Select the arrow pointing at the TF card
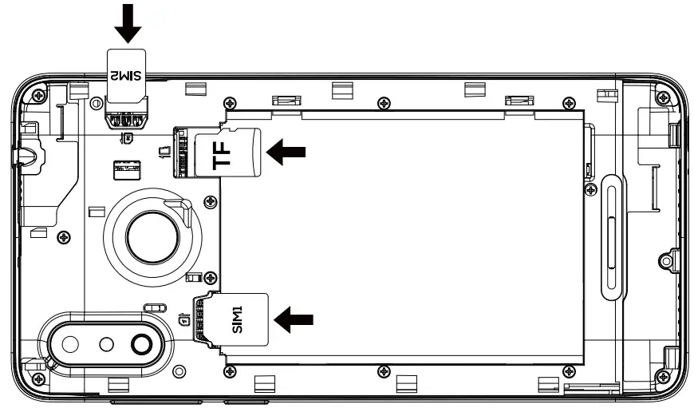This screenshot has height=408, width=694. (286, 152)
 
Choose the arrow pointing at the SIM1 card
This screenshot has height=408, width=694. (293, 319)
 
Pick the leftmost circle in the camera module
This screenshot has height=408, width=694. (69, 345)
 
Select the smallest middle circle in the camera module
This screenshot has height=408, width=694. (106, 345)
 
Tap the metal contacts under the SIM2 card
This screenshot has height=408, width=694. (125, 120)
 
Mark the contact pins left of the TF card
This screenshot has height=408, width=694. (183, 152)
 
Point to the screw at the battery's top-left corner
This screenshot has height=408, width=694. (230, 101)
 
